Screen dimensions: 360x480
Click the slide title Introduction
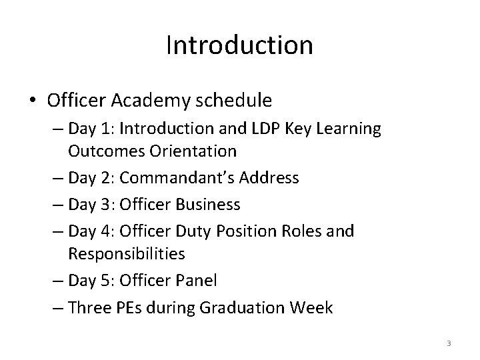(x=239, y=46)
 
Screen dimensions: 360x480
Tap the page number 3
(x=449, y=343)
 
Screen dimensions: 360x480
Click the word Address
(x=271, y=179)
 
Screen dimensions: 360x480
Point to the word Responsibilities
(x=127, y=253)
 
